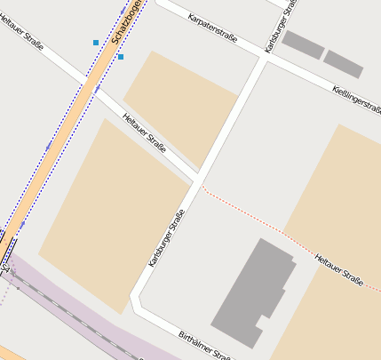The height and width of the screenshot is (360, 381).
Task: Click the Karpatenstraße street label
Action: pyautogui.click(x=212, y=29)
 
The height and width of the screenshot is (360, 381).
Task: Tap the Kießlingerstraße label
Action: pyautogui.click(x=356, y=98)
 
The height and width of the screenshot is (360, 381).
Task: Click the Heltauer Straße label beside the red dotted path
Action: pyautogui.click(x=339, y=269)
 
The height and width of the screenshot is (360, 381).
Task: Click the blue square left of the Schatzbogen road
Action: pyautogui.click(x=96, y=43)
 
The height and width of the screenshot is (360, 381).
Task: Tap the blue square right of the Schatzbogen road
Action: pyautogui.click(x=121, y=57)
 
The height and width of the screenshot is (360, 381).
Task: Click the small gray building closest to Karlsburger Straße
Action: pyautogui.click(x=303, y=44)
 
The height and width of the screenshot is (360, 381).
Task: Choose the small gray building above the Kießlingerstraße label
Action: pyautogui.click(x=344, y=64)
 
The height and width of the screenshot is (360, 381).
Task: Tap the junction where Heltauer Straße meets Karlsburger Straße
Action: pyautogui.click(x=198, y=174)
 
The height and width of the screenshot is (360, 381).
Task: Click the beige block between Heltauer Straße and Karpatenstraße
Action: pyautogui.click(x=180, y=105)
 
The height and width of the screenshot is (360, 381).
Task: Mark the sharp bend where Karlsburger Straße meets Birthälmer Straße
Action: pyautogui.click(x=135, y=298)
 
